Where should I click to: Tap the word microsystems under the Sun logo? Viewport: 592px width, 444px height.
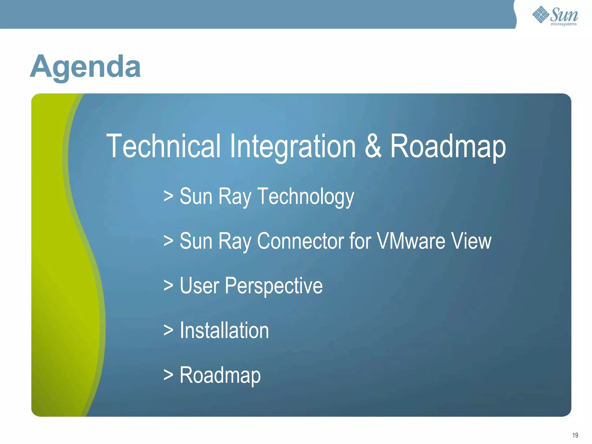coord(563,24)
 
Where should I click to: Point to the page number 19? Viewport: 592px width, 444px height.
coord(575,435)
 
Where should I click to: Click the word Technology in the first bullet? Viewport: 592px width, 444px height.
coord(306,197)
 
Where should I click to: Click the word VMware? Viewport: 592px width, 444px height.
coord(411,241)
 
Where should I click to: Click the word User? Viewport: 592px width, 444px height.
coord(199,286)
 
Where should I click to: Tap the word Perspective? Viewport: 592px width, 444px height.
coord(273,286)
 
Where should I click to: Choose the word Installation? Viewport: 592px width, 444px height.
coord(224,330)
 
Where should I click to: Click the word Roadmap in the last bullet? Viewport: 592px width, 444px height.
coord(220,375)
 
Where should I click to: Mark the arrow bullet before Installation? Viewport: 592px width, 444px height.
coord(168,330)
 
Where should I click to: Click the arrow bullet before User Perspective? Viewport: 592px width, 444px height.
coord(168,286)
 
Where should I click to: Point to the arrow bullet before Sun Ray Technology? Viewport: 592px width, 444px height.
coord(168,197)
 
